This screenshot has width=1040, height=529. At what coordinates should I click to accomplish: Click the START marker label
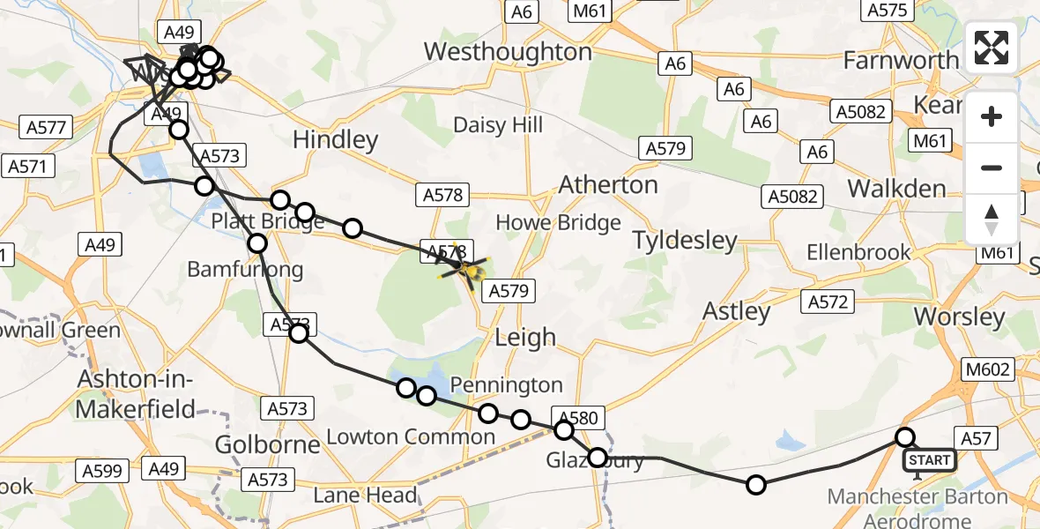[929, 460]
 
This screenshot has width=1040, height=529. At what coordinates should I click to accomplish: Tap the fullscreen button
[992, 48]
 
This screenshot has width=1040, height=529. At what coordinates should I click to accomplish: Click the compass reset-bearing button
[992, 220]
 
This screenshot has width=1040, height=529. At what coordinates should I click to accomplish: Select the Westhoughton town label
[508, 52]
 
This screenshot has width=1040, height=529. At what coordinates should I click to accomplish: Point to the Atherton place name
[609, 185]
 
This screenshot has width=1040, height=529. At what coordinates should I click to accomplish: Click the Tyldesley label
[684, 240]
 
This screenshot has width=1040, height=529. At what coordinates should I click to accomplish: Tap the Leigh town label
[525, 337]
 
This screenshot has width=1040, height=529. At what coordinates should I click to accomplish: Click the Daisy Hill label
[498, 125]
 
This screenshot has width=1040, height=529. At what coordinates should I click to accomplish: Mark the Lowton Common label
[411, 436]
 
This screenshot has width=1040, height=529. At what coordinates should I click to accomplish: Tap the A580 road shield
[578, 418]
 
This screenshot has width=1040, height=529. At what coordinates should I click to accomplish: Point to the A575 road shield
[888, 11]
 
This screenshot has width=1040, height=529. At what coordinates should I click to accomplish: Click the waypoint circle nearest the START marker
[905, 437]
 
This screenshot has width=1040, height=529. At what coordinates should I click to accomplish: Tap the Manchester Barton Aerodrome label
[917, 507]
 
